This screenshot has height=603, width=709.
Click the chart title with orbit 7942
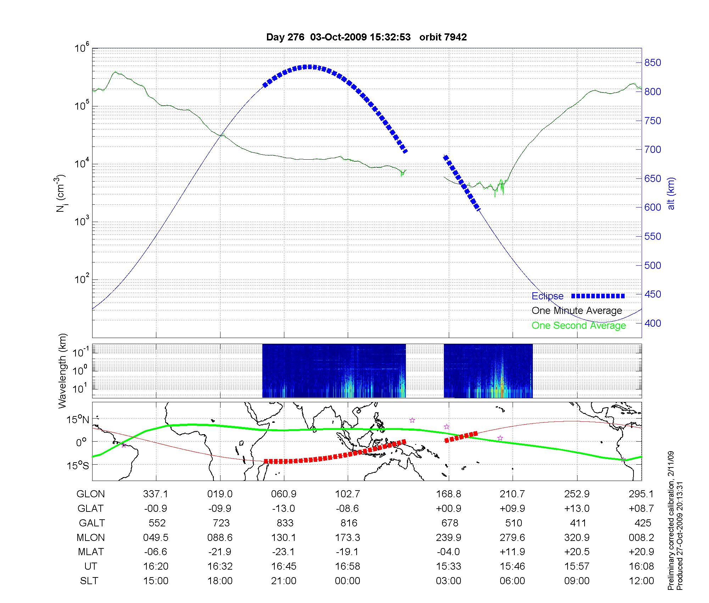(x=366, y=37)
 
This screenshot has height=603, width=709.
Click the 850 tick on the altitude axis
(x=653, y=63)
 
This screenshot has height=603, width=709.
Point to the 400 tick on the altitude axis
(x=653, y=323)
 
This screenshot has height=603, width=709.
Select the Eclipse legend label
(x=547, y=296)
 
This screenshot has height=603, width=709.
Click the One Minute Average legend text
(x=577, y=311)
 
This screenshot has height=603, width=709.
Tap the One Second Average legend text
(x=579, y=326)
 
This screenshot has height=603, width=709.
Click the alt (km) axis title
(x=671, y=193)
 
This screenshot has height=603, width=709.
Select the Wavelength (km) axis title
(x=62, y=371)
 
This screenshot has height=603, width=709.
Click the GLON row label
(x=90, y=494)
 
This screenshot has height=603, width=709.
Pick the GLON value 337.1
(x=156, y=494)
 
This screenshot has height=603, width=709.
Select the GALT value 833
(x=285, y=523)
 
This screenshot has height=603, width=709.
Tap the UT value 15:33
(x=448, y=566)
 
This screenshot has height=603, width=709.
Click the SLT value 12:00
(x=642, y=581)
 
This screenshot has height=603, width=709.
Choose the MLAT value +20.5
(x=577, y=552)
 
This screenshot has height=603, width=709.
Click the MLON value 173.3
(x=347, y=538)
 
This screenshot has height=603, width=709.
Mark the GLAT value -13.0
(x=284, y=509)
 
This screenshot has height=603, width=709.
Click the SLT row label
(x=89, y=581)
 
